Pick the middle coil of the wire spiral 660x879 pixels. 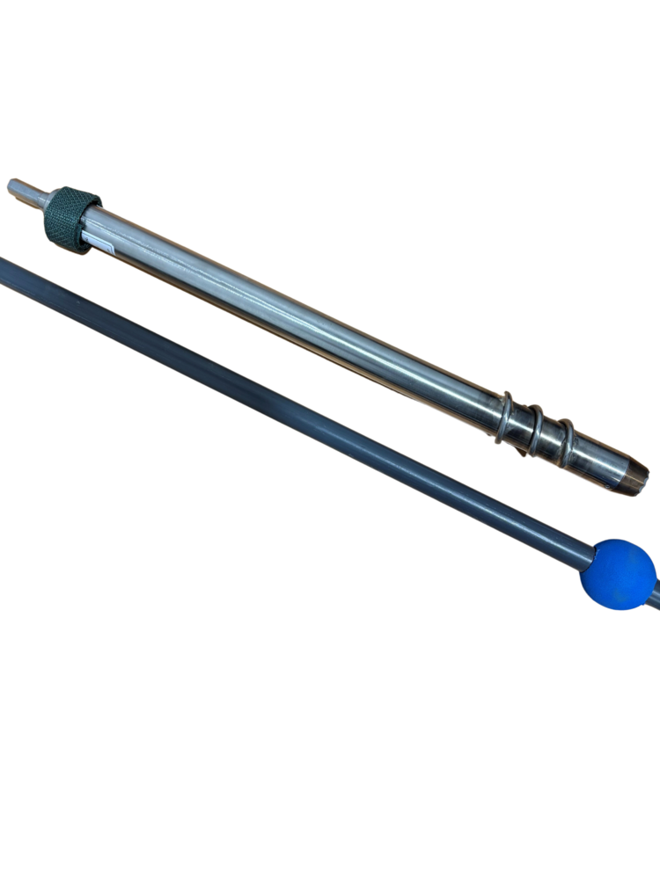[x=535, y=431]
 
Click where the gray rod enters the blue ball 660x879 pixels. [x=593, y=554]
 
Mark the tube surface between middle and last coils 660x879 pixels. [x=551, y=438]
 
